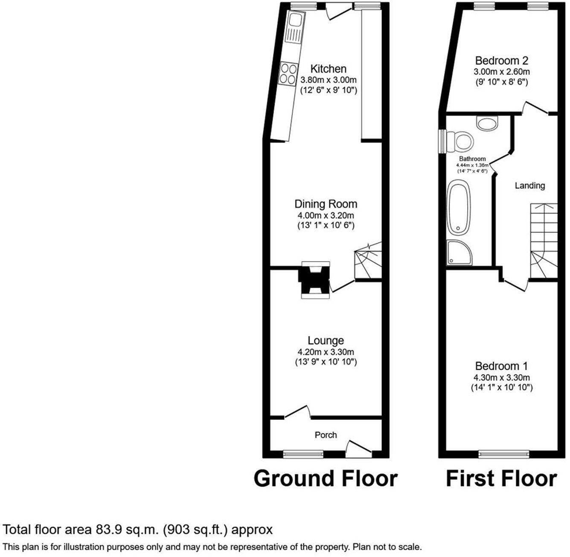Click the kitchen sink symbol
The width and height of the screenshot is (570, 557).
[294, 28]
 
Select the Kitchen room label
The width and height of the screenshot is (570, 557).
[328, 69]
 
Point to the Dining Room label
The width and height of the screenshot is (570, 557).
[326, 204]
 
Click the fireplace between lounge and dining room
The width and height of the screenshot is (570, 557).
[315, 280]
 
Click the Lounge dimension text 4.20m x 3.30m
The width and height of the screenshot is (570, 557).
[326, 352]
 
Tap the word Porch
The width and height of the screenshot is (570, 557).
[326, 435]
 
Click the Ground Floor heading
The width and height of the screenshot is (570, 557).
[326, 478]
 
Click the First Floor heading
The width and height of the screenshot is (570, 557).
[501, 478]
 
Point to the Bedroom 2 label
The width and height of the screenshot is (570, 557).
[502, 61]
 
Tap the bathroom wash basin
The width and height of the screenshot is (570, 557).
[488, 123]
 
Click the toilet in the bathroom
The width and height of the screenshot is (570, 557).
[461, 140]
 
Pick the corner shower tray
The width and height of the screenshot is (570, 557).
[459, 253]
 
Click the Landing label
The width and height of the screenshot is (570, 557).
[529, 185]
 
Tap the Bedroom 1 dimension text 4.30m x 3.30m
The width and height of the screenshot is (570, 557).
[502, 378]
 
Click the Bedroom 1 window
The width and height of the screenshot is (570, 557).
[504, 454]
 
